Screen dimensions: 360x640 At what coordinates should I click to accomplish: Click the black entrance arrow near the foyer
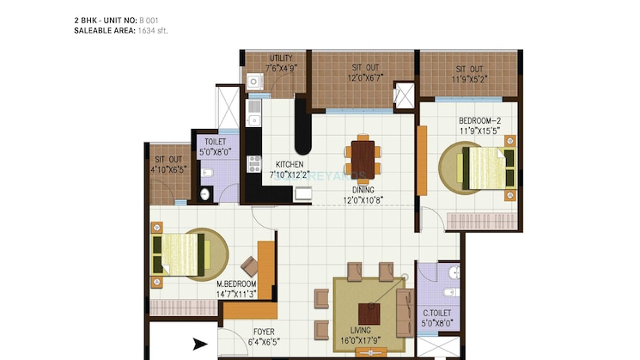coord(199,345)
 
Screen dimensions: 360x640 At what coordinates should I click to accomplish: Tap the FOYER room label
coord(264,330)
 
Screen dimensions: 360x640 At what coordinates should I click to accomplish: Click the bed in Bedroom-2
coord(487,168)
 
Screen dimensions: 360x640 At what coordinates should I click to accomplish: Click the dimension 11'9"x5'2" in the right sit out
coord(469,78)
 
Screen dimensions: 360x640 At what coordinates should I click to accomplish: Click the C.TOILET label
coord(438,315)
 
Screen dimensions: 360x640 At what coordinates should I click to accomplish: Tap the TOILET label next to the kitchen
coord(215,143)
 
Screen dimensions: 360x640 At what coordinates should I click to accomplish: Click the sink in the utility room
coord(254,82)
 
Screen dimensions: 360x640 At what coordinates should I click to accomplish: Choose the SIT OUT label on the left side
coord(168,159)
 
